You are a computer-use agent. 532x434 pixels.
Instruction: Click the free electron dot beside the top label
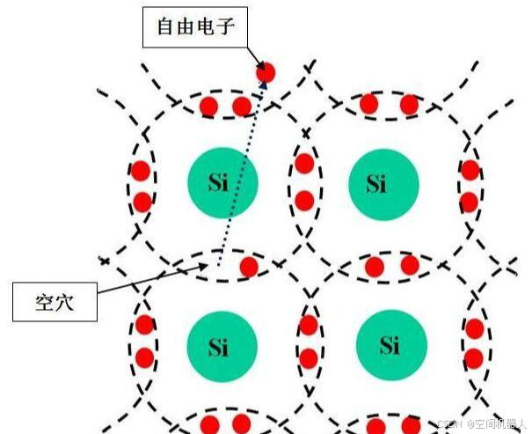266,72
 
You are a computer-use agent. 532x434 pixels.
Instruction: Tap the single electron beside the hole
249,266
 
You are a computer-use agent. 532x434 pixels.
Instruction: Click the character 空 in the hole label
41,302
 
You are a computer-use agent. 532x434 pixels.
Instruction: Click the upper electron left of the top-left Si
141,170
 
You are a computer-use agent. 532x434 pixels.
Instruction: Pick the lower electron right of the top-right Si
469,202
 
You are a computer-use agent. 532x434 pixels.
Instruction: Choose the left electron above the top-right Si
369,105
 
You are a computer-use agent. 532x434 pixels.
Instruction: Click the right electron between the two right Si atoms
410,265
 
